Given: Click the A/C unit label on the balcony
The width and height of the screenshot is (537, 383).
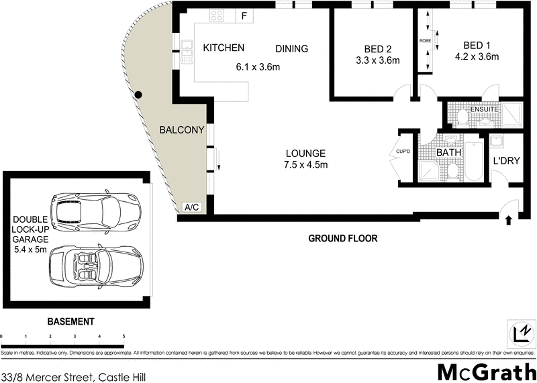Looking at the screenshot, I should [191, 208].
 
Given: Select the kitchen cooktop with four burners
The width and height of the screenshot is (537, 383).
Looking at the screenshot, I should [218, 15].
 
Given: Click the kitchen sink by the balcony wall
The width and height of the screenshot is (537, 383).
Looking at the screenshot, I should [185, 47].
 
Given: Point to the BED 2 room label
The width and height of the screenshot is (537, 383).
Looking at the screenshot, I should [378, 49].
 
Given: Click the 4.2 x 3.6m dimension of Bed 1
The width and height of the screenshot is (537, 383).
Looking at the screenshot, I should [476, 57].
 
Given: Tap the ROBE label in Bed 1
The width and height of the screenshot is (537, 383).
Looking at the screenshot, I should [425, 41].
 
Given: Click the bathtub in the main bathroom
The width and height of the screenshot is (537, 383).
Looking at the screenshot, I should [474, 161].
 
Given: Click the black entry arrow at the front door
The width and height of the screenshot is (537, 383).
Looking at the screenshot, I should [508, 219].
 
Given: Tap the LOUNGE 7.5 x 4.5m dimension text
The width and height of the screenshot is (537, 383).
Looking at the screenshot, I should [305, 165].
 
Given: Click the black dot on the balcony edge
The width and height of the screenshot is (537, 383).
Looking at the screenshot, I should [138, 95].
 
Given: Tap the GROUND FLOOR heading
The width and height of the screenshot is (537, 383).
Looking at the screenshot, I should [342, 238].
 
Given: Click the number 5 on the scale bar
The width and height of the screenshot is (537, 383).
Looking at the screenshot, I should [124, 336].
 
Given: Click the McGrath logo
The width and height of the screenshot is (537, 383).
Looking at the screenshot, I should [486, 371].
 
